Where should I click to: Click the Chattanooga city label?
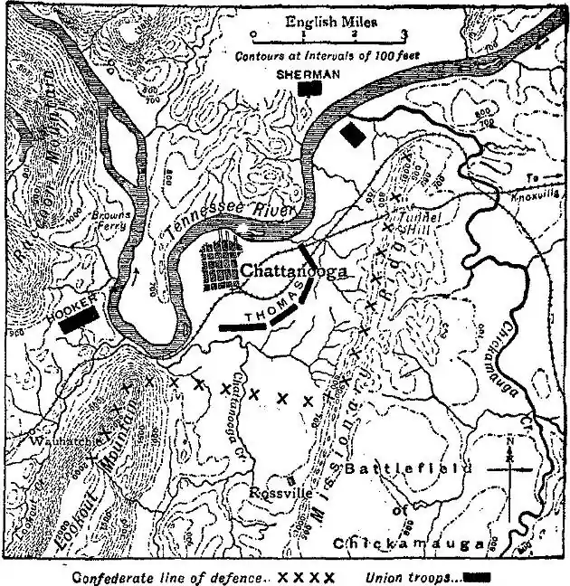[x=294, y=269]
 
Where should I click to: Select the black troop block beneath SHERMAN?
[x=311, y=89]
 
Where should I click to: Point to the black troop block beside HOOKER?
[x=79, y=321]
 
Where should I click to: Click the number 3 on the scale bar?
[x=404, y=33]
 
